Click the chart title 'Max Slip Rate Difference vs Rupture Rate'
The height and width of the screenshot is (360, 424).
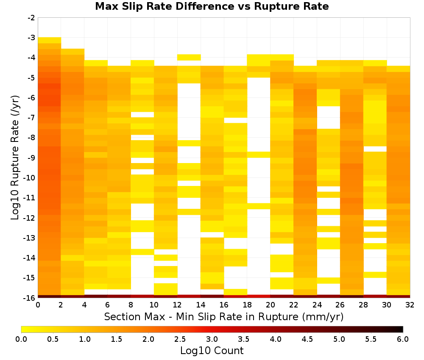(x=212, y=6)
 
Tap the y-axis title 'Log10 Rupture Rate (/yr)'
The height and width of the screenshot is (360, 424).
(x=15, y=158)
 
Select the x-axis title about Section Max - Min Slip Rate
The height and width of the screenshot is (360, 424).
(x=224, y=317)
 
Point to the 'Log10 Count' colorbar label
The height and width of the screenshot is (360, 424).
(x=212, y=351)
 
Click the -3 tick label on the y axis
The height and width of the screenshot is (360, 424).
(x=31, y=38)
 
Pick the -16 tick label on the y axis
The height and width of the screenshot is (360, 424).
(x=30, y=298)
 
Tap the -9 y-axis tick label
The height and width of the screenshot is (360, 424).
(x=31, y=158)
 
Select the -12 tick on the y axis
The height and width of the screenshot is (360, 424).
(x=30, y=218)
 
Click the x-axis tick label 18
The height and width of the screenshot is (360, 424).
(x=247, y=305)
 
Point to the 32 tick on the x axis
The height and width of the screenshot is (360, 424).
(x=410, y=305)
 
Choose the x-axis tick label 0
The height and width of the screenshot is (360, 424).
(x=38, y=305)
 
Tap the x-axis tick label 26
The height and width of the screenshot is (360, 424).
(x=340, y=305)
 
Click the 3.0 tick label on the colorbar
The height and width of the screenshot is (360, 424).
(x=212, y=339)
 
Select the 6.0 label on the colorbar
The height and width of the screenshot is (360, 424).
(x=403, y=339)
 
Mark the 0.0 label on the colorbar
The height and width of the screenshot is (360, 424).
(x=21, y=339)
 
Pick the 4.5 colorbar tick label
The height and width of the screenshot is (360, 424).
(x=307, y=339)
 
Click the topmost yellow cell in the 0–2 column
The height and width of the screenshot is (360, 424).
(x=50, y=40)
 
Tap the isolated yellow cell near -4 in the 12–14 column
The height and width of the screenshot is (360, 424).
(x=189, y=57)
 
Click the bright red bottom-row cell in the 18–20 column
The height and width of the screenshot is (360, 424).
(x=259, y=296)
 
